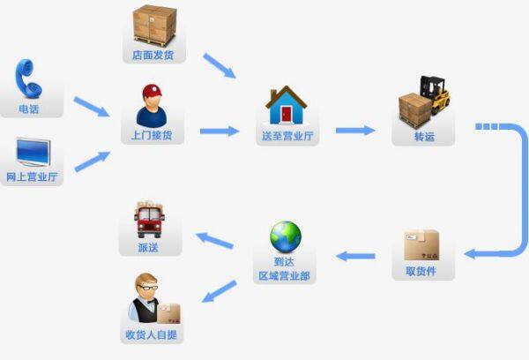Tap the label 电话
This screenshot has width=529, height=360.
[x=29, y=110]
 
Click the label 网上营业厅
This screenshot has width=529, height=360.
[x=32, y=177]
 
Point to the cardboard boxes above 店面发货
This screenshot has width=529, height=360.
[x=155, y=26]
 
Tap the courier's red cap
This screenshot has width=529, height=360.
[x=152, y=90]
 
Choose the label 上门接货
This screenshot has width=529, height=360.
[x=152, y=136]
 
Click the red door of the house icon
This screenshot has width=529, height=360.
[x=285, y=114]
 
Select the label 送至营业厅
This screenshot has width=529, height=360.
[x=285, y=137]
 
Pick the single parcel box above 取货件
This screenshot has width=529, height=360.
[x=421, y=245]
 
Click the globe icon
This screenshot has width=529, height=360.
[x=285, y=236]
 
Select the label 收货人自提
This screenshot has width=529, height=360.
[x=152, y=335]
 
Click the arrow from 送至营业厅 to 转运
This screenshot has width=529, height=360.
[x=355, y=131]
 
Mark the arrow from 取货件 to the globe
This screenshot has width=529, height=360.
[x=356, y=257]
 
